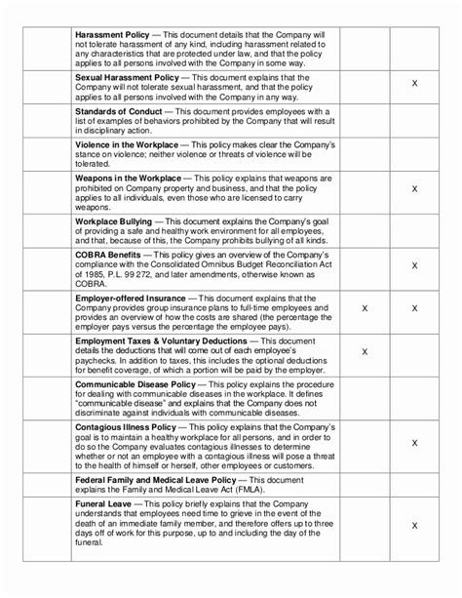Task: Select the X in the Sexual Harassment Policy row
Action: pos(415,85)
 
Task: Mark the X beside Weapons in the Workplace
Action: pos(415,188)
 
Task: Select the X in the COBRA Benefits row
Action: pos(415,264)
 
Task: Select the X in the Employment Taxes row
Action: pos(364,351)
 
